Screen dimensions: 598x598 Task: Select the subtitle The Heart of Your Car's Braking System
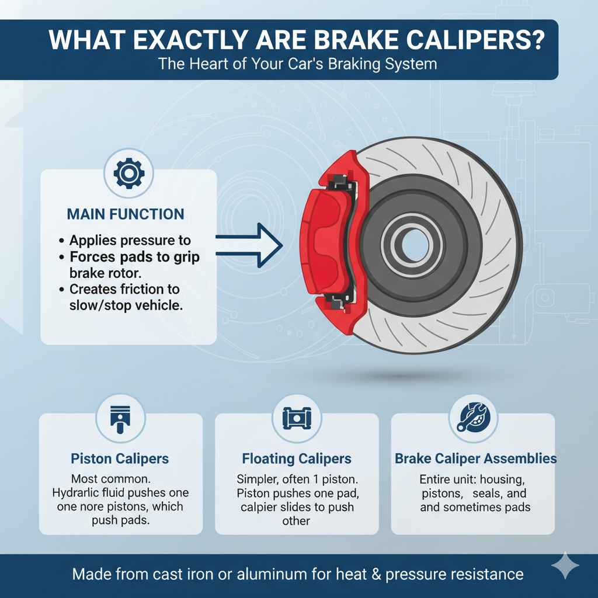pos(298,63)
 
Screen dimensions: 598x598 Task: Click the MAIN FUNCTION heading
pos(126,214)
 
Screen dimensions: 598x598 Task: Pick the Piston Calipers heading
pos(121,458)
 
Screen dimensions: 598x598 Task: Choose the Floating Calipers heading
pos(297,458)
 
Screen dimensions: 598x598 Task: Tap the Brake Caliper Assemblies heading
pos(475,458)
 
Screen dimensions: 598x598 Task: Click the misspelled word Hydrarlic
pos(79,492)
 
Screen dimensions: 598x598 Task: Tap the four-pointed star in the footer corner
pos(565,567)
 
